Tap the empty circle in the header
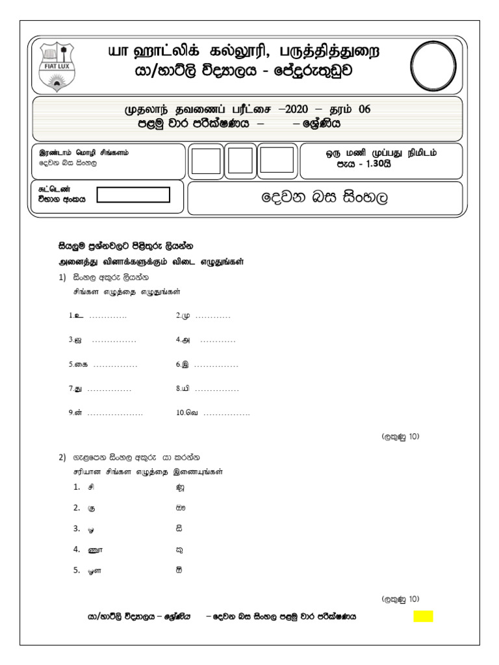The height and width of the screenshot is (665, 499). coord(435,64)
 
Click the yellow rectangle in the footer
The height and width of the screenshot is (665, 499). coord(423,616)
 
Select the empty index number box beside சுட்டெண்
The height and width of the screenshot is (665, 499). coord(133,195)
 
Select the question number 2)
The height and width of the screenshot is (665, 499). coord(62,458)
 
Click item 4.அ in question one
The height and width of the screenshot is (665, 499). coord(185,340)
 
